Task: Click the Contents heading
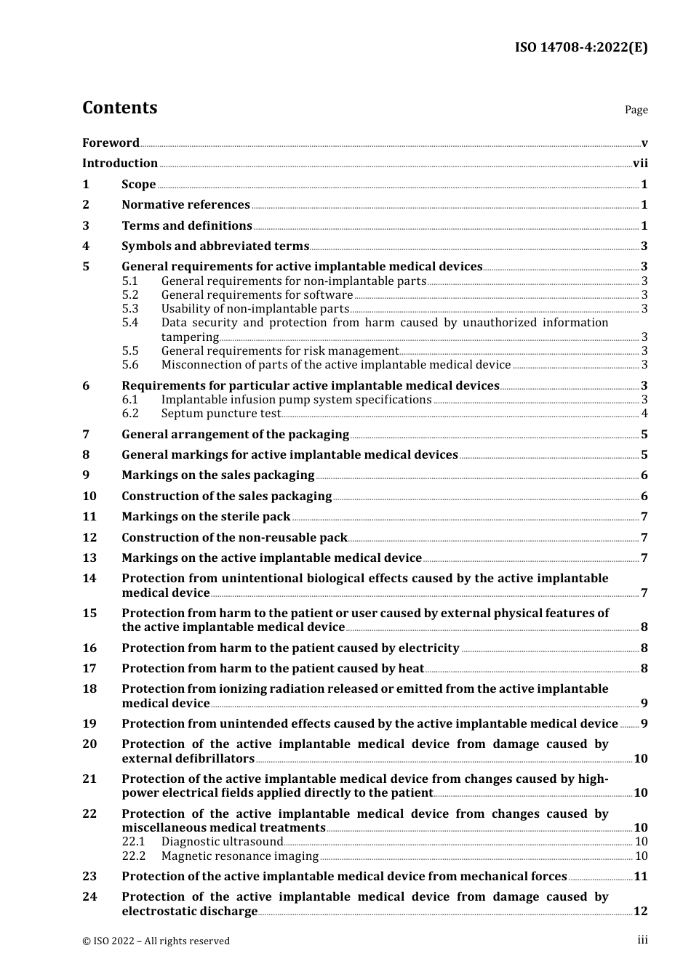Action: click(119, 108)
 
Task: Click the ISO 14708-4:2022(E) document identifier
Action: click(580, 47)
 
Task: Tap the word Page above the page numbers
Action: click(636, 110)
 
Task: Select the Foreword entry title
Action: click(111, 142)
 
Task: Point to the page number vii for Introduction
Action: click(640, 164)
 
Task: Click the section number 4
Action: click(86, 246)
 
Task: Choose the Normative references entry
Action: click(185, 205)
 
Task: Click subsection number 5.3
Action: click(129, 309)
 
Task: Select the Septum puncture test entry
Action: click(220, 414)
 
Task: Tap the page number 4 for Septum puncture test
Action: click(644, 414)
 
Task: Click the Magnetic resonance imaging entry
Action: click(239, 856)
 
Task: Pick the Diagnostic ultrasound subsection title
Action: click(222, 842)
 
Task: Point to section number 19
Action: click(89, 724)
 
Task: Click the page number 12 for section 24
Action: click(640, 912)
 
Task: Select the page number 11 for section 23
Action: click(640, 877)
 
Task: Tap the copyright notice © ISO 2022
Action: click(156, 941)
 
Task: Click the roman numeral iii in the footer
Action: click(642, 940)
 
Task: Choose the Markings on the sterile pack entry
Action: click(206, 517)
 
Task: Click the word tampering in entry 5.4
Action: click(190, 337)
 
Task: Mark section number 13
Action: click(89, 558)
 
